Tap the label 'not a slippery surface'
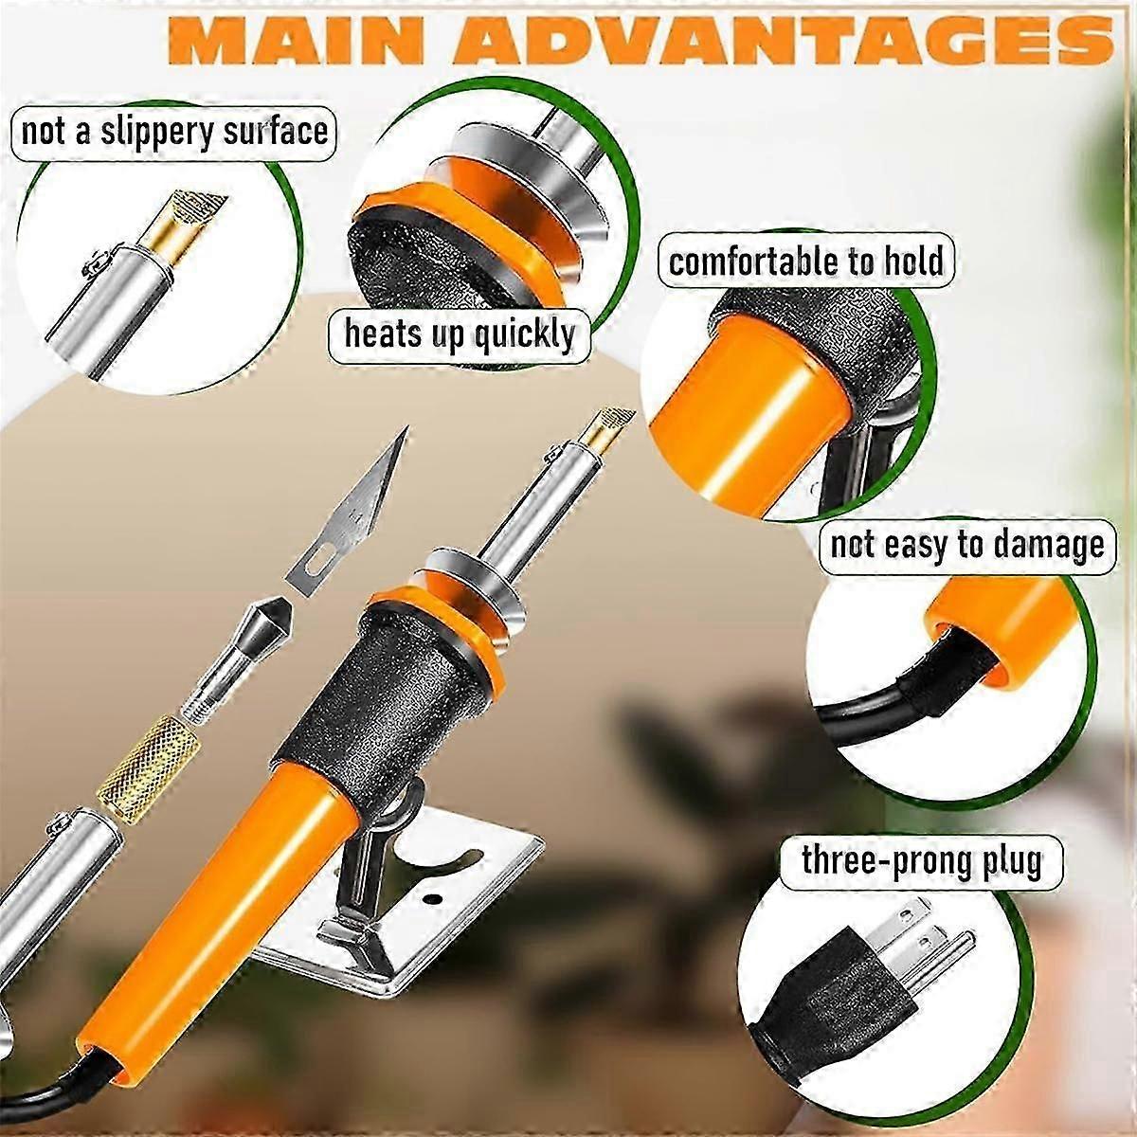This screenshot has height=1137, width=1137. (x=174, y=131)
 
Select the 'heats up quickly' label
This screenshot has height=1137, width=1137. (x=459, y=334)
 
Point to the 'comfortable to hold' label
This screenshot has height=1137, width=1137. (x=806, y=261)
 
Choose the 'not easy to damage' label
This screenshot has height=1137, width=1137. (x=966, y=545)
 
